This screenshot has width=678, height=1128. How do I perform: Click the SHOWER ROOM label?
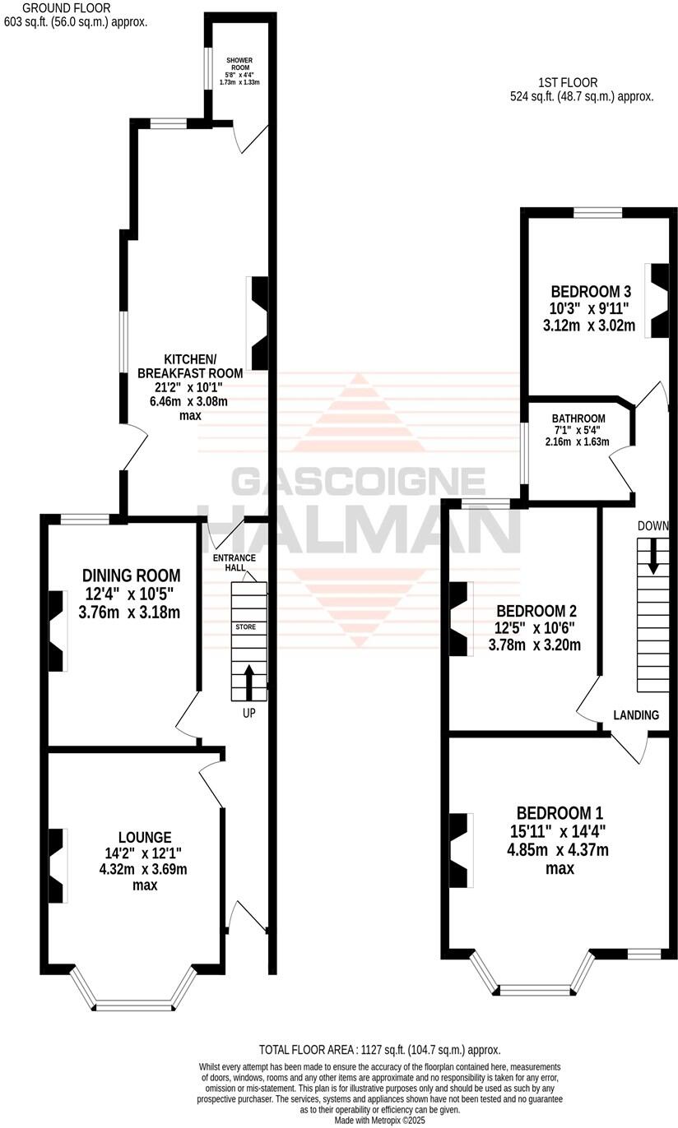point(240,60)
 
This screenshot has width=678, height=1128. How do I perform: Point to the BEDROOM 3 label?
point(590,291)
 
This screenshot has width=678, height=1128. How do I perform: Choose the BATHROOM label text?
point(578,418)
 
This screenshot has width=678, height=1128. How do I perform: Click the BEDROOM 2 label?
point(535,612)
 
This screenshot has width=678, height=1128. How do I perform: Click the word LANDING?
point(636,715)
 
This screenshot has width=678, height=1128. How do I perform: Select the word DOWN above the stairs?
point(652,526)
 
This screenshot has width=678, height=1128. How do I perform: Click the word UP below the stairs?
point(248,714)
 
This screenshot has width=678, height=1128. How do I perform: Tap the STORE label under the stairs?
point(246,627)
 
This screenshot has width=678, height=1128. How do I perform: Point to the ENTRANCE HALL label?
point(235,564)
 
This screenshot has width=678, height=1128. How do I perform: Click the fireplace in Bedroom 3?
point(661,301)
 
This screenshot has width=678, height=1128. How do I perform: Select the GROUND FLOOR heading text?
point(54,7)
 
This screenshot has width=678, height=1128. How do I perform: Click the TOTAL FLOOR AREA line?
point(379,1050)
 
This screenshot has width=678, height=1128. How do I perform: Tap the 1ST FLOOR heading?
point(568,82)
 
